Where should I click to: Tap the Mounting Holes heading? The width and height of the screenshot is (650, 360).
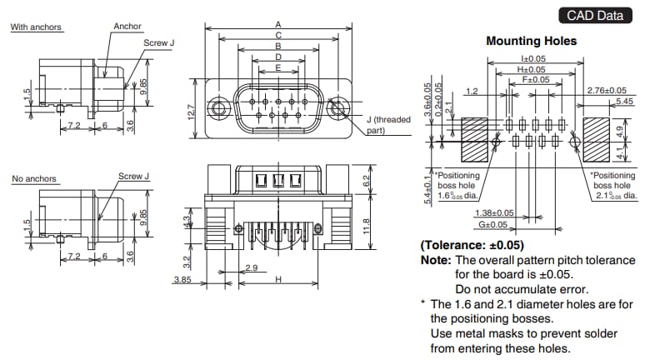coord(531,40)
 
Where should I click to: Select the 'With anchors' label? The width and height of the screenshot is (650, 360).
coord(36,27)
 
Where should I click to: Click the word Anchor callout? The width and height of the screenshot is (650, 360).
coord(127,27)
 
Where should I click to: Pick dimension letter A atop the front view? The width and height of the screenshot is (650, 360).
coord(277,25)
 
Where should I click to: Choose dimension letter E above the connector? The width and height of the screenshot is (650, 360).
coord(277,68)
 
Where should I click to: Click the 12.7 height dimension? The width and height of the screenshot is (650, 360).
coord(190,110)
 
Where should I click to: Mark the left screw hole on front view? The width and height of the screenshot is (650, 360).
coord(219,108)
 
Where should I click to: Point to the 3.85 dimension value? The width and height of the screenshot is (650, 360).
coord(182,281)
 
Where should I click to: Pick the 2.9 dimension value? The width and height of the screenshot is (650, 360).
coord(251,267)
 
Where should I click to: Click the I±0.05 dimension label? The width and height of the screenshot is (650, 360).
coord(532,58)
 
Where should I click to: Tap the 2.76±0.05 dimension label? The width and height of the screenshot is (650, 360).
coord(606,90)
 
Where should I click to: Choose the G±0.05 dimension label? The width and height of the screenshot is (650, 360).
coord(492,225)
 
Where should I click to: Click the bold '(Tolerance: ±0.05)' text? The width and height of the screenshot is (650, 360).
coord(473,246)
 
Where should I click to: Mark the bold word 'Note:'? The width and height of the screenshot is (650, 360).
coord(436,260)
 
